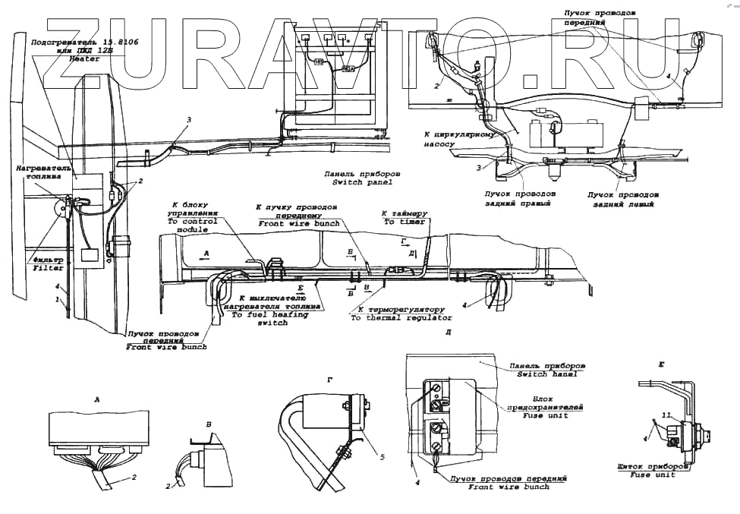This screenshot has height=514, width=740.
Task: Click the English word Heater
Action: pos(84,58)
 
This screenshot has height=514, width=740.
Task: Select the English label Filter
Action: pos(48,269)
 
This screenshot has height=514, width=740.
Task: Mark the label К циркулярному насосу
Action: pos(459,138)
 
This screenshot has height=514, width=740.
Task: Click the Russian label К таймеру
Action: pos(405,213)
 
